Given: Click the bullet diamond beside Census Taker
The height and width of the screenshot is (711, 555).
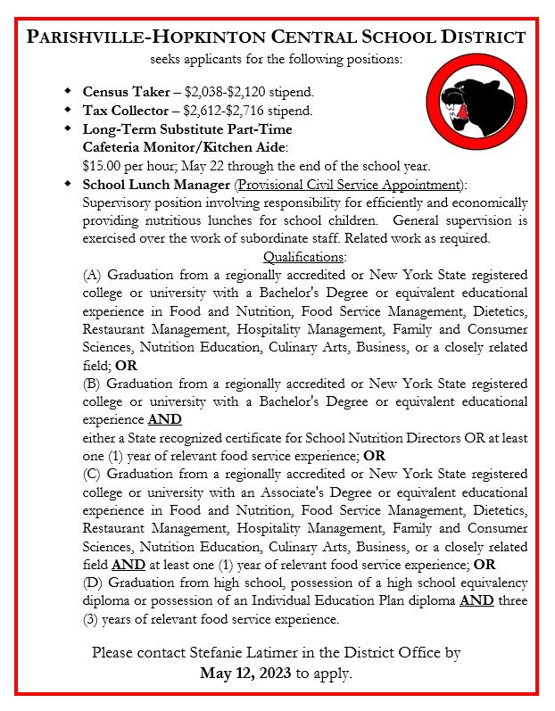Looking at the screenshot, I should tap(69, 92).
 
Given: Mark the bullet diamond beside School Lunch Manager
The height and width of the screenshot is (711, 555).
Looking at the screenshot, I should tap(69, 185).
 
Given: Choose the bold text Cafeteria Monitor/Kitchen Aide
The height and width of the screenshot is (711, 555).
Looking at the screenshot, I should tap(185, 147).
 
